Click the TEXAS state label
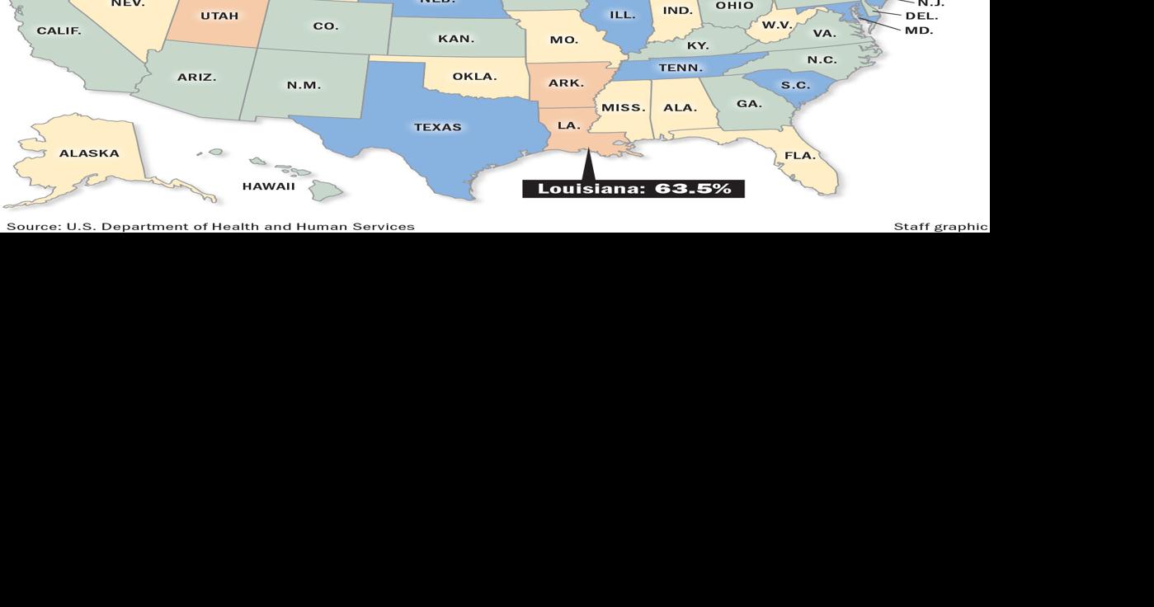pyautogui.click(x=438, y=127)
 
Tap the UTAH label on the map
pyautogui.click(x=219, y=16)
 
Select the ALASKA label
pyautogui.click(x=89, y=153)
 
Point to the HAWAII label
pyautogui.click(x=268, y=186)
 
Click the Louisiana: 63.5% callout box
pyautogui.click(x=634, y=189)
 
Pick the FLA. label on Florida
pyautogui.click(x=800, y=155)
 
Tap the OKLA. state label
pyautogui.click(x=474, y=77)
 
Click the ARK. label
pyautogui.click(x=566, y=83)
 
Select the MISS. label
pyautogui.click(x=624, y=108)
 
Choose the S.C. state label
pyautogui.click(x=795, y=86)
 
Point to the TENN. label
pyautogui.click(x=681, y=68)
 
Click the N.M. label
pyautogui.click(x=304, y=86)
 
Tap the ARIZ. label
pyautogui.click(x=196, y=78)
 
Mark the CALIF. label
pyautogui.click(x=59, y=31)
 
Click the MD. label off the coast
pyautogui.click(x=919, y=31)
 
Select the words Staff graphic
pyautogui.click(x=940, y=226)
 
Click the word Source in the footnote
pyautogui.click(x=33, y=226)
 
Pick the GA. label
pyautogui.click(x=749, y=104)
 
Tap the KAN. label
pyautogui.click(x=456, y=39)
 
